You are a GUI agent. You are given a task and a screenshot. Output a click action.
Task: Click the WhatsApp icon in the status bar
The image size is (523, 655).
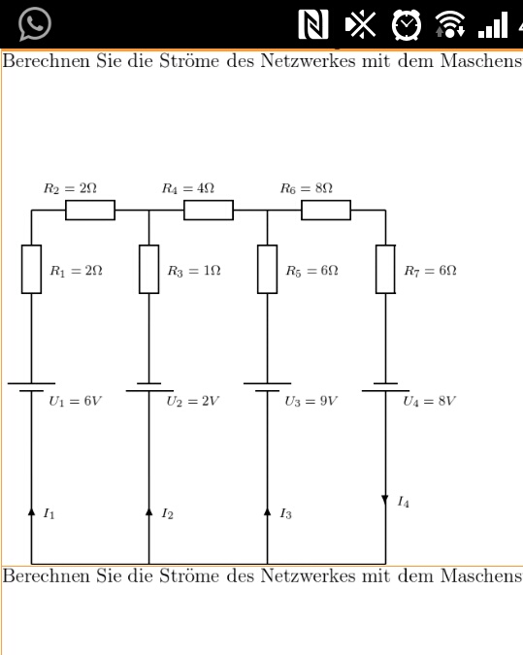point(35,24)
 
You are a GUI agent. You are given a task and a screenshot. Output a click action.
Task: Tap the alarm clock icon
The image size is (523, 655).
point(406,24)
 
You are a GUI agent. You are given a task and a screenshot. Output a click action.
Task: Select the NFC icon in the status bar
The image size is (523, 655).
point(312,24)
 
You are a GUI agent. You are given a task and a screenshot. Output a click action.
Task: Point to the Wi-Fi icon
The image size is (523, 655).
point(450,24)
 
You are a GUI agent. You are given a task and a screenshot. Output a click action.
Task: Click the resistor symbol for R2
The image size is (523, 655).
point(90,211)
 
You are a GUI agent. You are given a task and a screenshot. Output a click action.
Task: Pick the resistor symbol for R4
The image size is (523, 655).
point(209,211)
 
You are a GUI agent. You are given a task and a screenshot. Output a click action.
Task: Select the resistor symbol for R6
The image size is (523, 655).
point(326,211)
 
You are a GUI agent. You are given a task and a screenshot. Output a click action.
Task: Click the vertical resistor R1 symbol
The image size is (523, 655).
point(31,270)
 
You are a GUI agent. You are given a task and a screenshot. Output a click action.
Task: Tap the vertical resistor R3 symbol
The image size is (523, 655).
point(149,270)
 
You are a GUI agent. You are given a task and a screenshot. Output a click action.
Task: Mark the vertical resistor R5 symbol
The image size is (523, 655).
point(268,270)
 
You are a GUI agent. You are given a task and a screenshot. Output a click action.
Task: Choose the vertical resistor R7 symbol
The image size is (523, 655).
point(385,270)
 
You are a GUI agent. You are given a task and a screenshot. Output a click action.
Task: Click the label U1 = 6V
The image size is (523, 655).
point(75,402)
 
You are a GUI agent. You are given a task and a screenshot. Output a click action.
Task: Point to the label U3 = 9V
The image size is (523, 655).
point(311,402)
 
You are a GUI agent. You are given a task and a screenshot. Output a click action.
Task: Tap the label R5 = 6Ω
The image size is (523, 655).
point(312,271)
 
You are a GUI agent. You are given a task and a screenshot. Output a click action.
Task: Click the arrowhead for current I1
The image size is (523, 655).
point(31,511)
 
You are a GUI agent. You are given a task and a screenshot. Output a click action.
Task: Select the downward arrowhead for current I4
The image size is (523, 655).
point(385,500)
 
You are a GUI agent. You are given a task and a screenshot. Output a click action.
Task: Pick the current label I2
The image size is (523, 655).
point(168,513)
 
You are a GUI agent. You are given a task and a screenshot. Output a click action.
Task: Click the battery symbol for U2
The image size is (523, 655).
point(149,387)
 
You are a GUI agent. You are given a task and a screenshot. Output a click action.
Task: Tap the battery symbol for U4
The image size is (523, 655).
point(385,387)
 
